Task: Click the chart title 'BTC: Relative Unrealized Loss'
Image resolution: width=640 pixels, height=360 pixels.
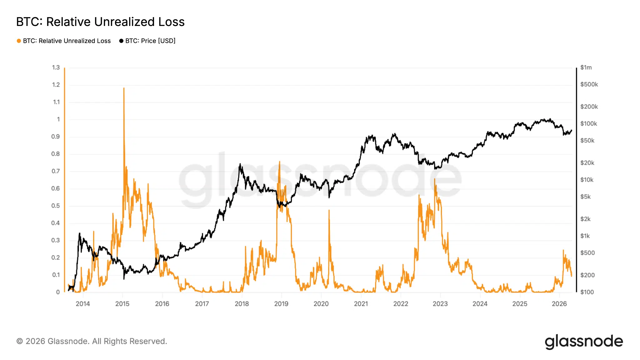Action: tap(100, 22)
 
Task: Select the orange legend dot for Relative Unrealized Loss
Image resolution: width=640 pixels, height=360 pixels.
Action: tap(19, 41)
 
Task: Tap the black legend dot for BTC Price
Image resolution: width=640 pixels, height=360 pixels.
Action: tap(121, 41)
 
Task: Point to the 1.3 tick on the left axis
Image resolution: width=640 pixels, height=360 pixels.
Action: tap(56, 67)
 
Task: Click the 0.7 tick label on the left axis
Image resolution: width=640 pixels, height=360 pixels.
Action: tap(56, 171)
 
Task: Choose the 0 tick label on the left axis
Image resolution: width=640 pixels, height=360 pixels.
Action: tap(58, 292)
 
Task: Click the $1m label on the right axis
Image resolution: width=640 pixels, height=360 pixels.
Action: tap(586, 67)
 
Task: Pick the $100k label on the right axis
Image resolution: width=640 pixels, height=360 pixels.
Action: tap(588, 124)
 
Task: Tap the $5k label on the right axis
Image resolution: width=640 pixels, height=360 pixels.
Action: tap(585, 197)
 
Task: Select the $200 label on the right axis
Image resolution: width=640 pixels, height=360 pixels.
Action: tap(587, 275)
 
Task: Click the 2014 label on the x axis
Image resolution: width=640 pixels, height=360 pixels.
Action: tap(83, 304)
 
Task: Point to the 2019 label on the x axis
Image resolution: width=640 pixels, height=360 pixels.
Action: tap(281, 304)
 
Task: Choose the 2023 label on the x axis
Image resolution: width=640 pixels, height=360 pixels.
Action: tap(440, 304)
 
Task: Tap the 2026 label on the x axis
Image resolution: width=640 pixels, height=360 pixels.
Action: tap(559, 304)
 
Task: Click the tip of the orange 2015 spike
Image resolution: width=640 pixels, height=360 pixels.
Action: tap(124, 88)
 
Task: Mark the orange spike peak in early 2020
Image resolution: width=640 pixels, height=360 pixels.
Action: tap(329, 210)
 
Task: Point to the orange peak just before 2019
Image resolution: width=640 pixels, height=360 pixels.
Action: tap(279, 162)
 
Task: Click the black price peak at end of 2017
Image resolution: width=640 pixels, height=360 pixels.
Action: tap(240, 164)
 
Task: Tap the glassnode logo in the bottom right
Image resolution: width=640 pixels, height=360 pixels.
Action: tap(584, 342)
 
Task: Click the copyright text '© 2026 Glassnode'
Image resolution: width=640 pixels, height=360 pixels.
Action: tap(92, 341)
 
